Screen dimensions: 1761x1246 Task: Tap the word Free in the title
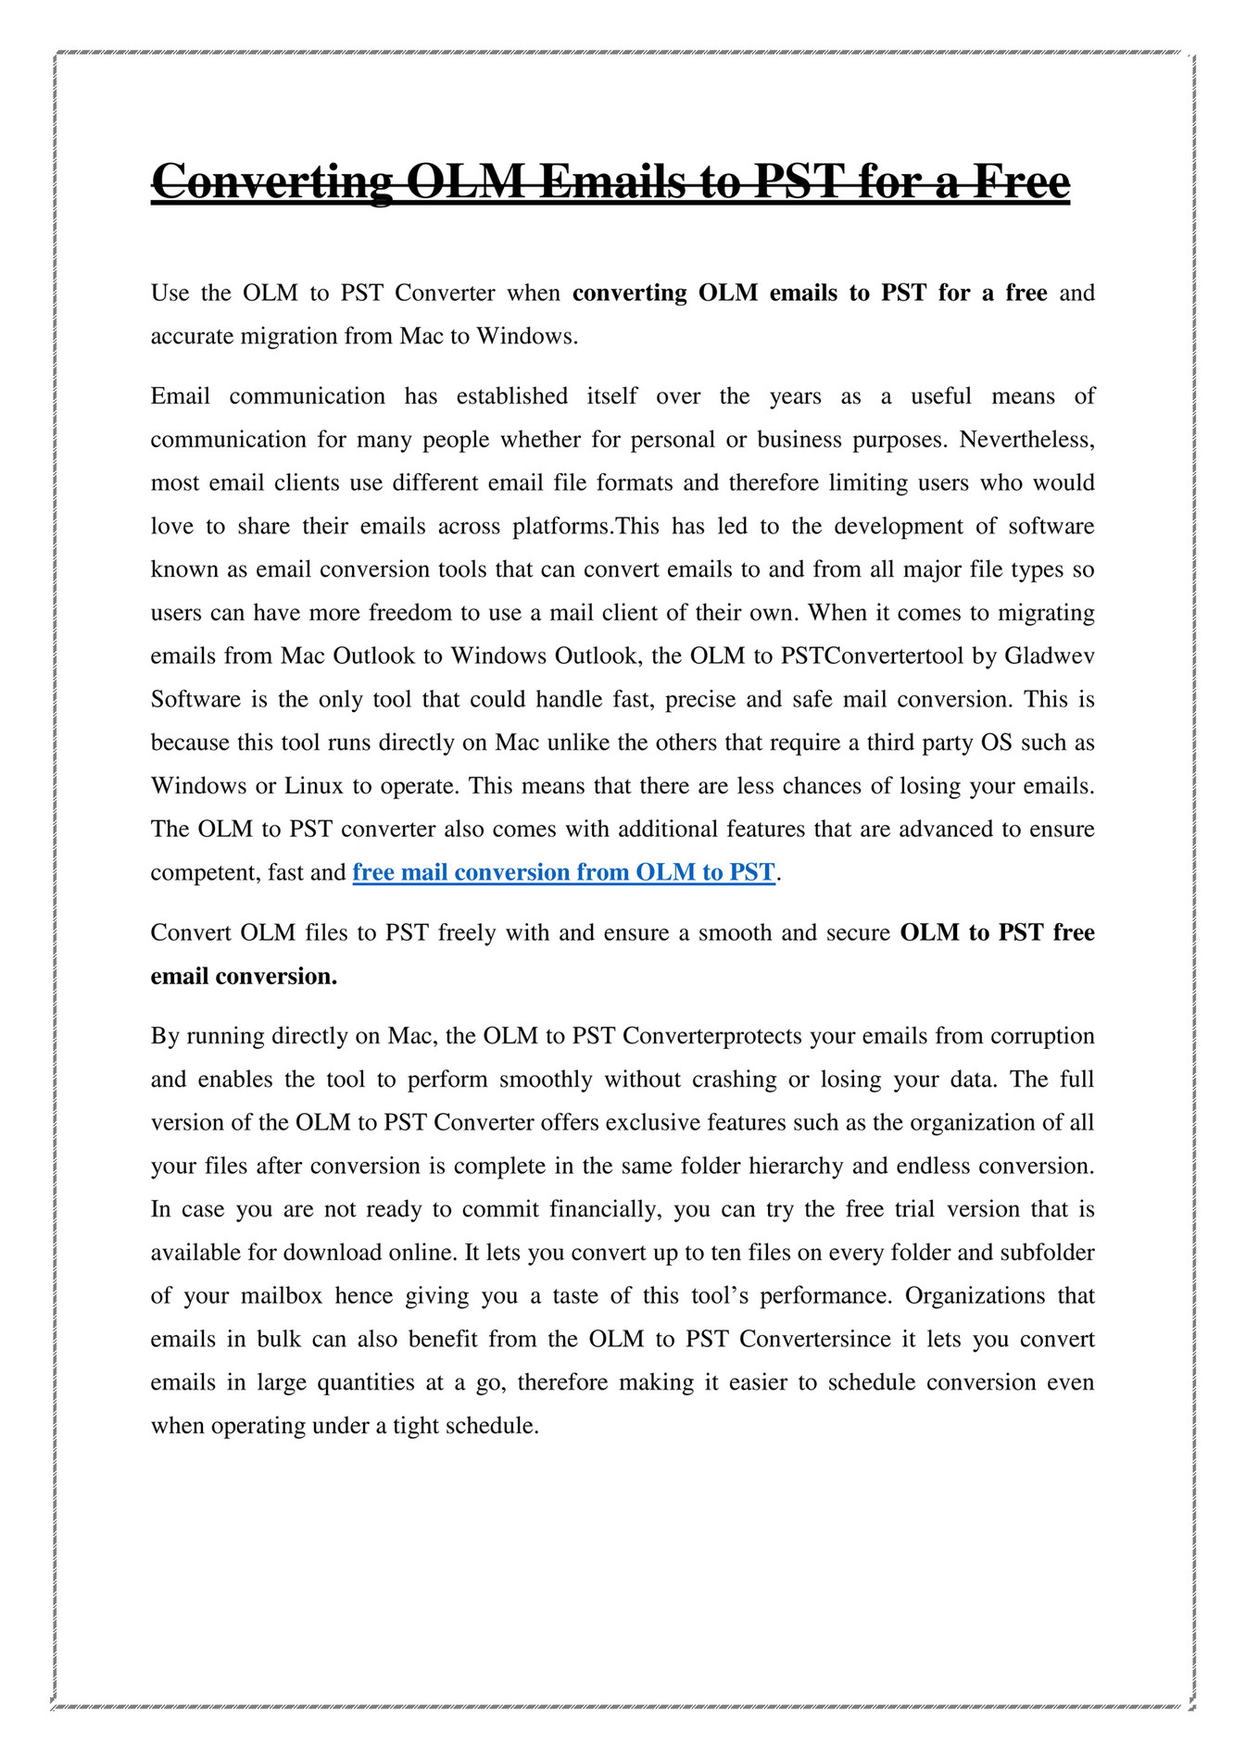[x=1019, y=181]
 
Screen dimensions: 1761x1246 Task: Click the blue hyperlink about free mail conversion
[x=563, y=872]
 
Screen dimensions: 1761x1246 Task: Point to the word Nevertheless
[x=1026, y=439]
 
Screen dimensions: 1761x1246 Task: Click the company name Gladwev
[x=1050, y=656]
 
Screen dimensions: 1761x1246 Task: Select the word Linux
[x=314, y=786]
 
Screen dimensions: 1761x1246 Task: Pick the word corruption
[x=1042, y=1035]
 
